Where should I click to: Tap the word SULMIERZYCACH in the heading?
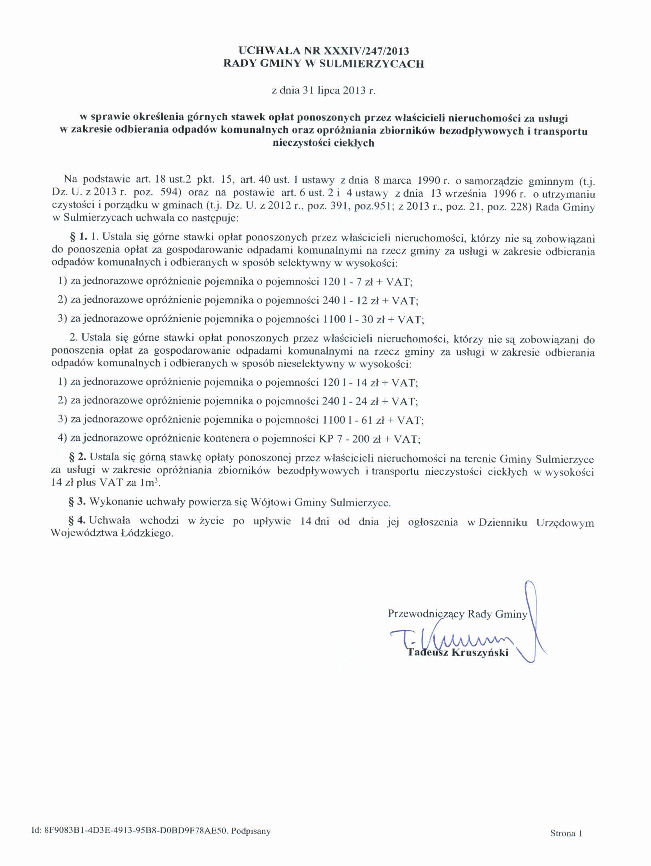click(371, 64)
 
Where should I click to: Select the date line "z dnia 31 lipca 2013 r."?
click(324, 90)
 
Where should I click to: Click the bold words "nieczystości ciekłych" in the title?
click(323, 143)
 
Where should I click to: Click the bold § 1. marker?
click(78, 237)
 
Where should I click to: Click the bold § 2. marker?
click(78, 458)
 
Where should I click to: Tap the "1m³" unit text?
click(150, 482)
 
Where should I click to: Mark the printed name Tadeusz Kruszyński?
click(458, 653)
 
